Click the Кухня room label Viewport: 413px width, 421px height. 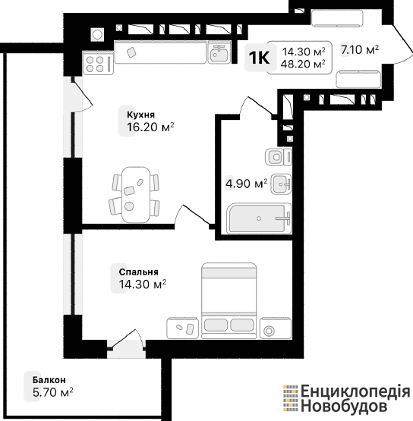click(140, 115)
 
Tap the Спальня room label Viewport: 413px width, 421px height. click(138, 272)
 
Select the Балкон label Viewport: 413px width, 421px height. click(49, 380)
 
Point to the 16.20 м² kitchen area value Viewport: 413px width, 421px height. click(150, 127)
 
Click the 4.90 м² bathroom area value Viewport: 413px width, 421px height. click(246, 184)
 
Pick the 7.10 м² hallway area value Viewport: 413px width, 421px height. click(360, 49)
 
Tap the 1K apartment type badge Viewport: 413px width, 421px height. click(259, 58)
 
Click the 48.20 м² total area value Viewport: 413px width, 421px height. click(303, 64)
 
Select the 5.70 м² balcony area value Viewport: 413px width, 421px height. click(52, 392)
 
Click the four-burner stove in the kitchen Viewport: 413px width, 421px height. click(98, 64)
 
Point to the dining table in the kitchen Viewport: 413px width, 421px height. click(135, 194)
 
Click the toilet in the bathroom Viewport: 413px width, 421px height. click(279, 156)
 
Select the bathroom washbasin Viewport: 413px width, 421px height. click(281, 184)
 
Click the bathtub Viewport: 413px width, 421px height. click(259, 218)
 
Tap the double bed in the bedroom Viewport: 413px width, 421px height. click(229, 300)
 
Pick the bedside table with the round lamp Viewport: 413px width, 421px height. click(276, 328)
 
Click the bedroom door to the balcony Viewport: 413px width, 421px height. click(127, 340)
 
